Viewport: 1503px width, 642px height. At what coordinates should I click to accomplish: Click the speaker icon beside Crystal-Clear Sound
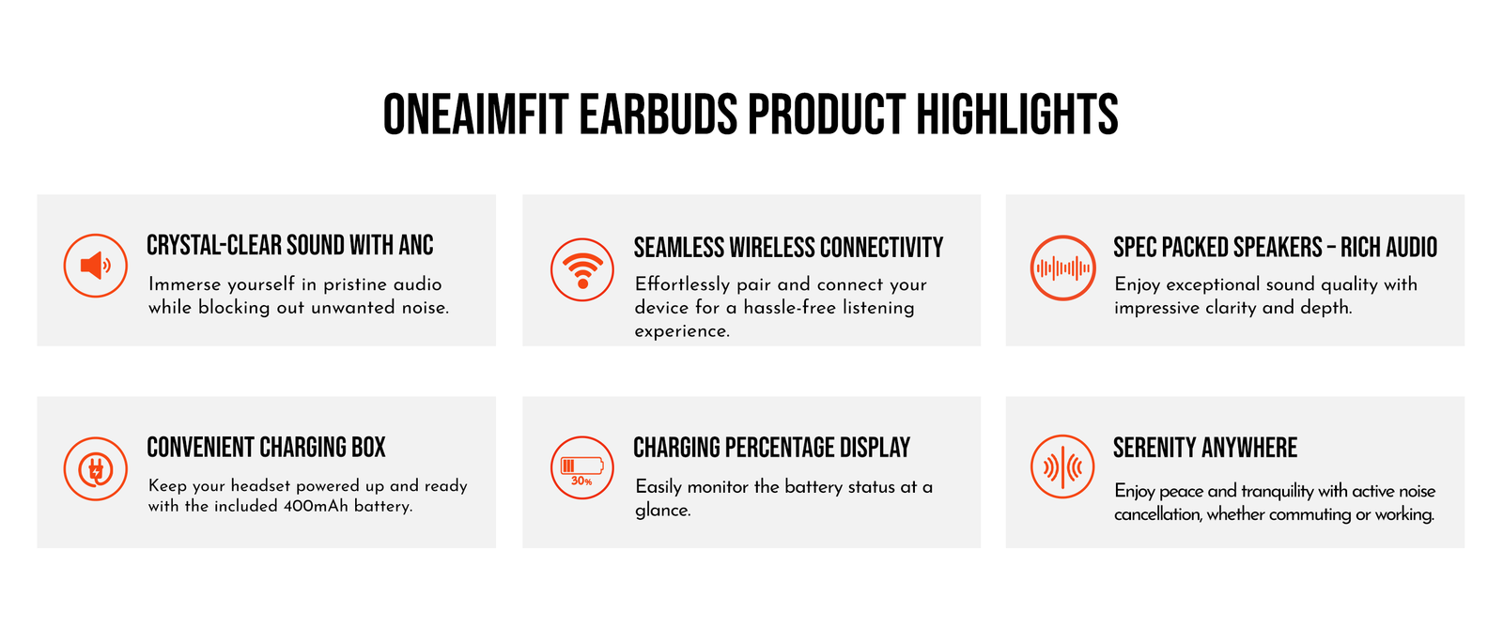pyautogui.click(x=95, y=266)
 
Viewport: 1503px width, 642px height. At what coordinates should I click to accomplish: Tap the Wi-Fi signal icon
pyautogui.click(x=581, y=269)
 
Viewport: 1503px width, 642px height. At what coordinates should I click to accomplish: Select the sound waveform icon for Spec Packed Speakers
pyautogui.click(x=1062, y=268)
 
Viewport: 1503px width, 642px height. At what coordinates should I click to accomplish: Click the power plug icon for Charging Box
pyautogui.click(x=95, y=468)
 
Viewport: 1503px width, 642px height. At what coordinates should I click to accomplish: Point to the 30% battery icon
pyautogui.click(x=581, y=467)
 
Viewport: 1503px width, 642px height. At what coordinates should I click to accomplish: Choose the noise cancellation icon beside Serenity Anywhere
pyautogui.click(x=1062, y=466)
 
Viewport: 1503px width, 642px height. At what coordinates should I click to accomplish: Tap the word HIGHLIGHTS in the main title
pyautogui.click(x=1017, y=115)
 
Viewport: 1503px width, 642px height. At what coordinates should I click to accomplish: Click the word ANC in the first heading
pyautogui.click(x=416, y=245)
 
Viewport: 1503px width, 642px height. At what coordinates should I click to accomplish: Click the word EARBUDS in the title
pyautogui.click(x=659, y=115)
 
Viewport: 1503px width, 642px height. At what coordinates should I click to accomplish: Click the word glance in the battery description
pyautogui.click(x=661, y=511)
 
